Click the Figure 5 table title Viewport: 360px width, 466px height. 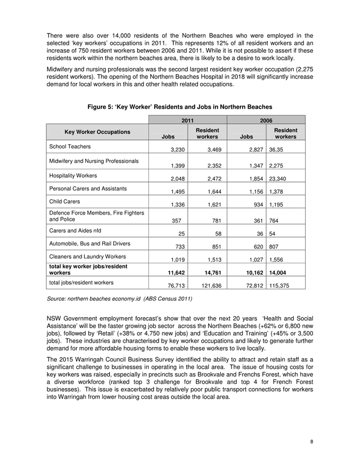(x=180, y=107)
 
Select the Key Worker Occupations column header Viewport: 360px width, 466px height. (x=97, y=131)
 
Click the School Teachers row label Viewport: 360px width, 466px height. (x=70, y=146)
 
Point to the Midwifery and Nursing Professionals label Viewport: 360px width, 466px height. (x=94, y=161)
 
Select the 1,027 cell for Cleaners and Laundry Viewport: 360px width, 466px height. (x=251, y=262)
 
